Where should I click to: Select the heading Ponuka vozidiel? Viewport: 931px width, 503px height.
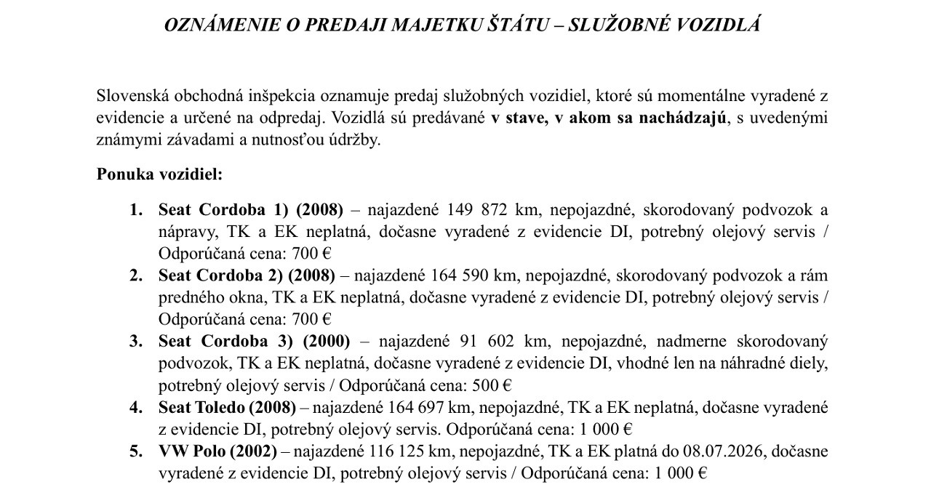tap(159, 175)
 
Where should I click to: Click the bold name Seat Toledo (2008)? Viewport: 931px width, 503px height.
tap(227, 407)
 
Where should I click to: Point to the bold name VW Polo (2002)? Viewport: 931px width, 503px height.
tap(217, 451)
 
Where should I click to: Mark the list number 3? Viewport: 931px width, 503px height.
tap(135, 341)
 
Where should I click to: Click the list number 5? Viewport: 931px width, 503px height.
tap(135, 451)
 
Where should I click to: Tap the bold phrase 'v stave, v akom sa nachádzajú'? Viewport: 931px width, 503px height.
tap(609, 118)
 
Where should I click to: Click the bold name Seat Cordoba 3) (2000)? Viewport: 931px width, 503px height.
tap(254, 341)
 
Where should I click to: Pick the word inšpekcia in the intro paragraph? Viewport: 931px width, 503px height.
tap(280, 96)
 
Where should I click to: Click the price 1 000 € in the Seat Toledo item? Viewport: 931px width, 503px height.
tap(605, 429)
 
